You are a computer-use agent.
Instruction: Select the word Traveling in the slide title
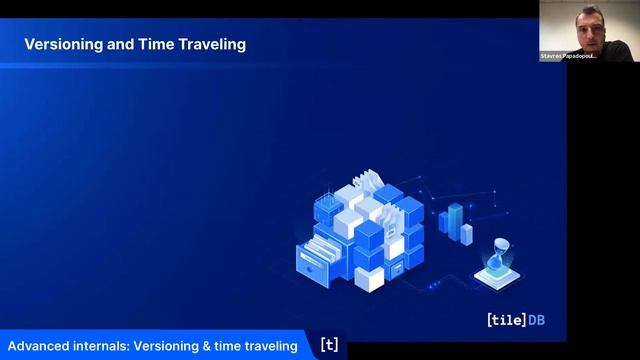[x=212, y=45]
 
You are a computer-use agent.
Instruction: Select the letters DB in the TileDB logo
[x=546, y=321]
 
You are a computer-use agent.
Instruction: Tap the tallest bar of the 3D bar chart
[x=456, y=218]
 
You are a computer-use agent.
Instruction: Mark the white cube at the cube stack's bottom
[x=370, y=277]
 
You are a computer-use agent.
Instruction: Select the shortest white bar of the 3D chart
[x=467, y=233]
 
